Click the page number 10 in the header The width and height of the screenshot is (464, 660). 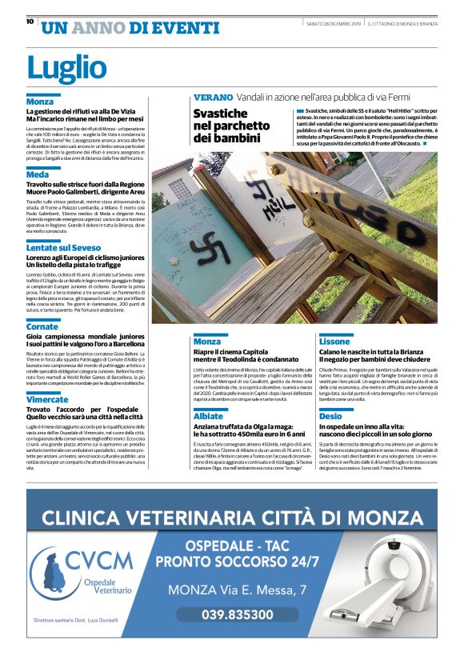[30, 22]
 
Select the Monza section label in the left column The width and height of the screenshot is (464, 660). [40, 102]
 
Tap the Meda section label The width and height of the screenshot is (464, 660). [37, 174]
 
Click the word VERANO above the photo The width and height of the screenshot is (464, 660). [214, 97]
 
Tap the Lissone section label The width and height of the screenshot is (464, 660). [334, 341]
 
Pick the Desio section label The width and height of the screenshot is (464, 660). [330, 416]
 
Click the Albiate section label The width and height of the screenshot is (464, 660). [208, 416]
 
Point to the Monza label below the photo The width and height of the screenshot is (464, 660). [207, 341]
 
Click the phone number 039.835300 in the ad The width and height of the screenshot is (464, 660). [238, 614]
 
